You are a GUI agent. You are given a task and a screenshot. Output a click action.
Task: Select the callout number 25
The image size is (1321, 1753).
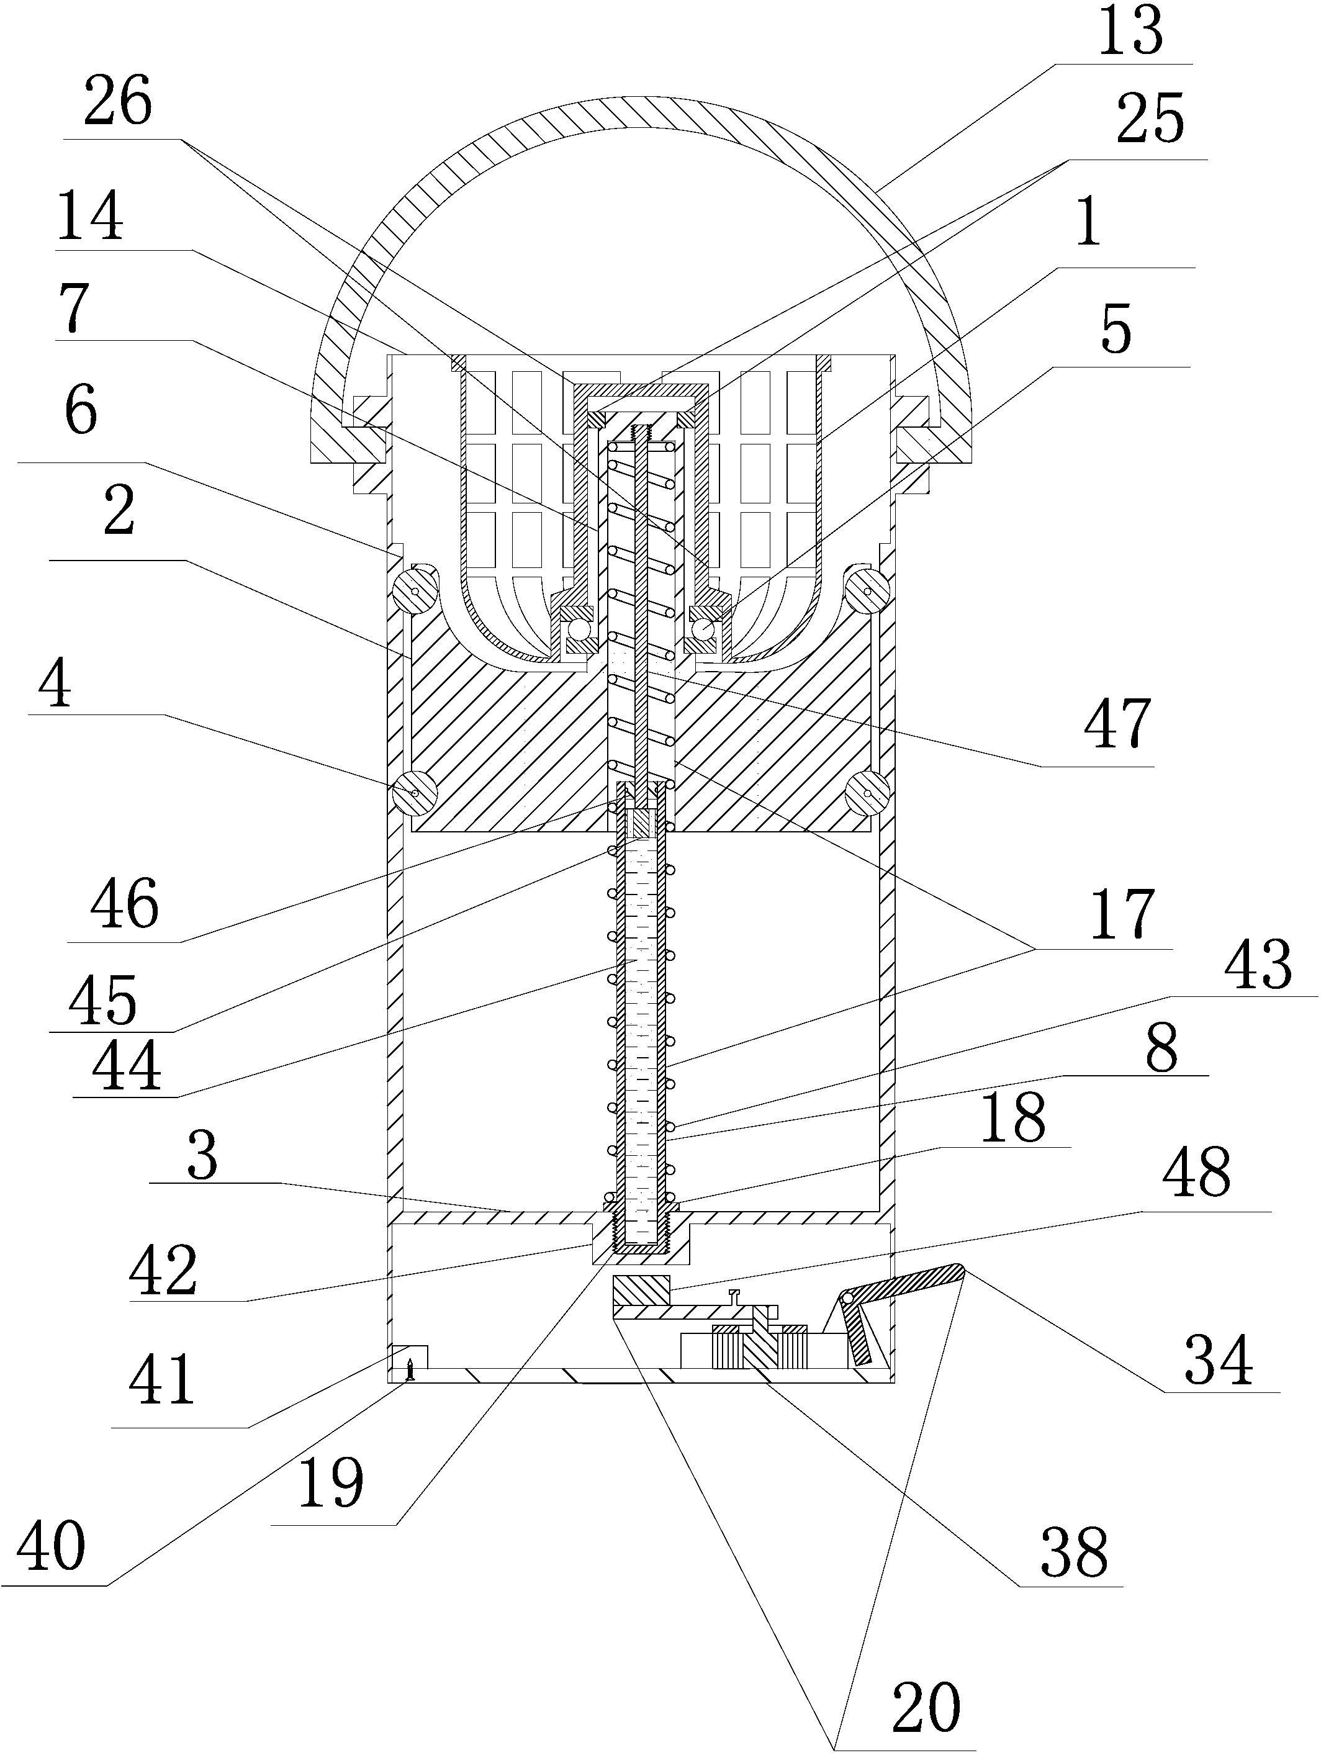pos(1149,119)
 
